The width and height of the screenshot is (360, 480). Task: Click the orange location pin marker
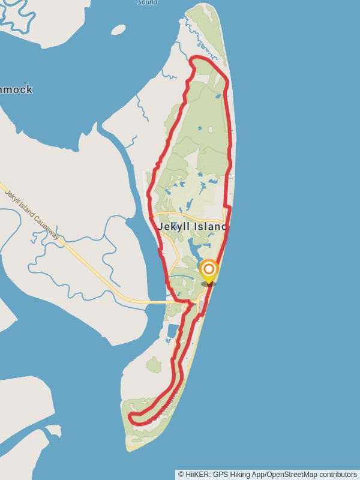click(x=209, y=270)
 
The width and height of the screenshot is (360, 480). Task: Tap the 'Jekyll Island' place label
click(x=193, y=227)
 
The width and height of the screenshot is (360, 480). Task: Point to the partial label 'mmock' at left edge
click(x=16, y=90)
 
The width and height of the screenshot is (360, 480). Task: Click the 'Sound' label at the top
click(x=147, y=2)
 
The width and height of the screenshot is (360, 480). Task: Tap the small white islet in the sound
click(x=118, y=29)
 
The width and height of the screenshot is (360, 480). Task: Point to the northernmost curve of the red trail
click(x=198, y=58)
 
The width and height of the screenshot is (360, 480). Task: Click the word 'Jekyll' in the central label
click(x=170, y=227)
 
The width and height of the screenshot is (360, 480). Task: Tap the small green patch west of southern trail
click(x=154, y=364)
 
